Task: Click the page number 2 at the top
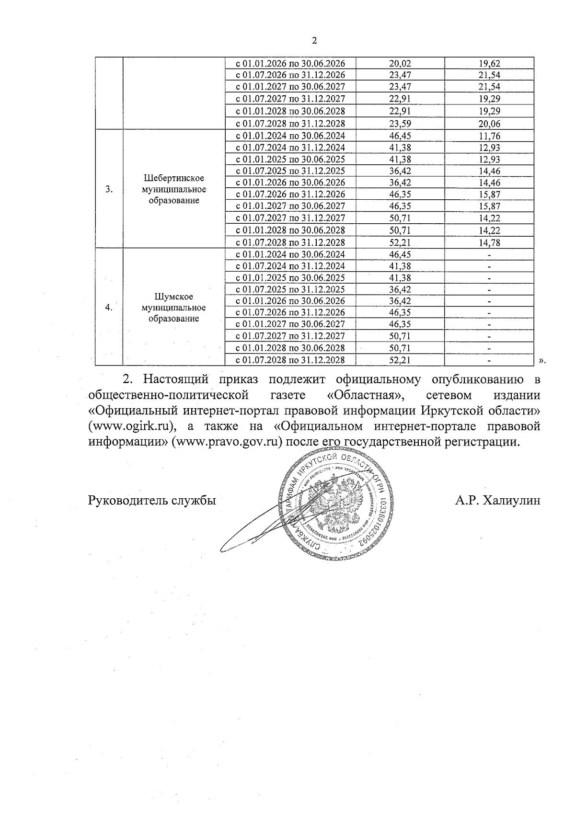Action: pyautogui.click(x=314, y=41)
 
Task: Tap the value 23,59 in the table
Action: pyautogui.click(x=401, y=124)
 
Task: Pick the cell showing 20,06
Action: pyautogui.click(x=489, y=124)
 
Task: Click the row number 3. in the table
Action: pyautogui.click(x=109, y=189)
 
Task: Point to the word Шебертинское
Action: pyautogui.click(x=174, y=178)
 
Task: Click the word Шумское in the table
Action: pyautogui.click(x=174, y=296)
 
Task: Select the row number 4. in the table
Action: pyautogui.click(x=109, y=308)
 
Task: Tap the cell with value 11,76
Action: pyautogui.click(x=489, y=136)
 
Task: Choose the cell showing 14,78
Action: pyautogui.click(x=489, y=243)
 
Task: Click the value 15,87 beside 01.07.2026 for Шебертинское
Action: pyautogui.click(x=489, y=195)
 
